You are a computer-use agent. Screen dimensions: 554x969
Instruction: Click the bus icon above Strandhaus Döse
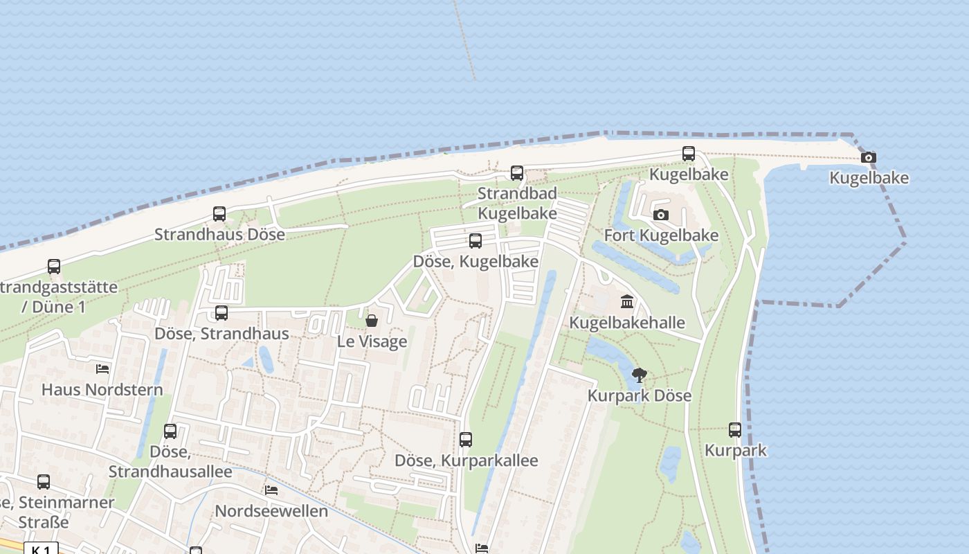coord(219,214)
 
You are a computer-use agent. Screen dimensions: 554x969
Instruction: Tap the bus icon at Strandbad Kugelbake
coord(517,173)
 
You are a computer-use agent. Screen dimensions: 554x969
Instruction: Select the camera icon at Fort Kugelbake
coord(661,215)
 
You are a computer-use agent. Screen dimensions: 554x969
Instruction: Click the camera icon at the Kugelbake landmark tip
coord(869,158)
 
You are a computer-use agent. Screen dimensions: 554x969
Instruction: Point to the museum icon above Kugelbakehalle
coord(627,301)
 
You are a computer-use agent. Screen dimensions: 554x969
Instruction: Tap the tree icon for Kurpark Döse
coord(640,375)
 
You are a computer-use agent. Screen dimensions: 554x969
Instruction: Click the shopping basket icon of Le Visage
coord(372,321)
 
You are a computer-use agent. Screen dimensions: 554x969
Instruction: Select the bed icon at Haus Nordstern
coord(102,369)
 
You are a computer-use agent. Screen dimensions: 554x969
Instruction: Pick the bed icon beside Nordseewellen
coord(271,490)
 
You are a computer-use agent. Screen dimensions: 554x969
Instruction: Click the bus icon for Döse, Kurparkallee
coord(466,440)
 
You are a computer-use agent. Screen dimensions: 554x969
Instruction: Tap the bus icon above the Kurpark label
coord(735,430)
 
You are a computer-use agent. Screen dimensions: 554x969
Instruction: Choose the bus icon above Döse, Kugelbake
coord(476,241)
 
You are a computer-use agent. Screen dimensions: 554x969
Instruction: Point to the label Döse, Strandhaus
coord(221,334)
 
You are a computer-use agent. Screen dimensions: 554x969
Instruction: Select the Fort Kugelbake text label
coord(661,235)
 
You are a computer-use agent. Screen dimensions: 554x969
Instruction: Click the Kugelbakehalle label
coord(627,323)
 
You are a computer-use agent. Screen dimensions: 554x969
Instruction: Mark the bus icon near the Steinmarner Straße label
coord(44,482)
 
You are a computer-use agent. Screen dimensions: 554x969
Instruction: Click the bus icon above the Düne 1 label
coord(54,267)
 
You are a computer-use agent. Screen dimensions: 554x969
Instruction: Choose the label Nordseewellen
coord(271,511)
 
